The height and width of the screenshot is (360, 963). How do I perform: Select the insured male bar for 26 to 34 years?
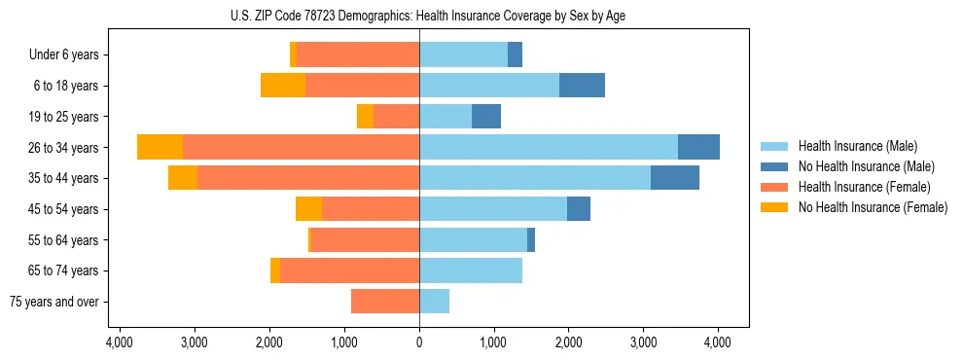[549, 147]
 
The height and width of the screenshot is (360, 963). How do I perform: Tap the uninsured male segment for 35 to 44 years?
[674, 178]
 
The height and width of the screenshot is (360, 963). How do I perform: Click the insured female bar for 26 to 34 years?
[301, 147]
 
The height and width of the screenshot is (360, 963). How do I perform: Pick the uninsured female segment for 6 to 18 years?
[283, 86]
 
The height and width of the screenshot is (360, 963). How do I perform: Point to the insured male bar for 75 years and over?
[434, 302]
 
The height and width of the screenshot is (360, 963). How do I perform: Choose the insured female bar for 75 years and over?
[385, 302]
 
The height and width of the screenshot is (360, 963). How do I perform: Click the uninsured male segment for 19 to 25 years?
[486, 117]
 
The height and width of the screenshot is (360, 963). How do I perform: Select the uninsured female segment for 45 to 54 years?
[308, 209]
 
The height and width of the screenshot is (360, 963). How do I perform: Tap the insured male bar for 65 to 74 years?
[471, 270]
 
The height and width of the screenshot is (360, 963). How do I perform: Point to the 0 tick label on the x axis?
[419, 342]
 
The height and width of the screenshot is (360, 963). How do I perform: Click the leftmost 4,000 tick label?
[120, 342]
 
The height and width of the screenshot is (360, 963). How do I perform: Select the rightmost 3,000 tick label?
[643, 342]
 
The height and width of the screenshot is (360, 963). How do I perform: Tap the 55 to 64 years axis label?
[64, 240]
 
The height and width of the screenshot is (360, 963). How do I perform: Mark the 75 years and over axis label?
[54, 302]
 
